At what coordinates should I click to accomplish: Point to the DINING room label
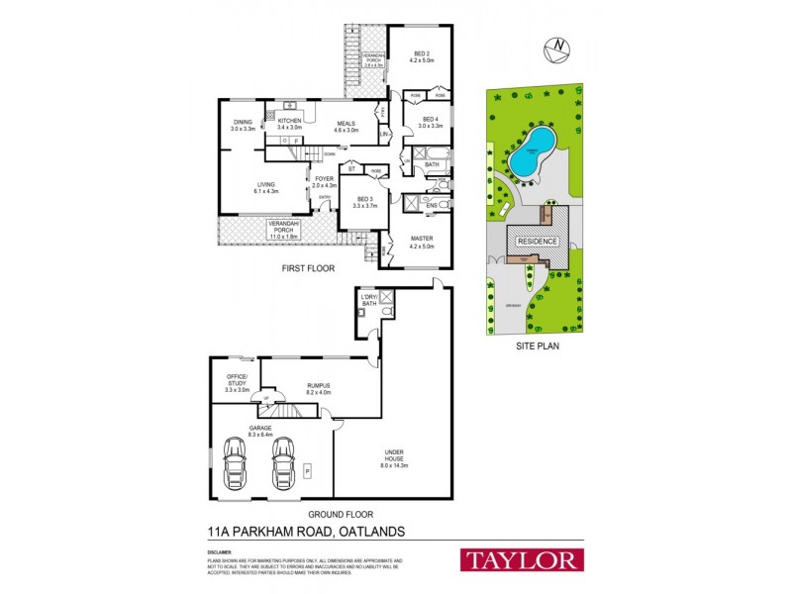pyautogui.click(x=244, y=124)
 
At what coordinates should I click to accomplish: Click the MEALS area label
pyautogui.click(x=345, y=124)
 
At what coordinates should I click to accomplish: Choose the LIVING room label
pyautogui.click(x=266, y=186)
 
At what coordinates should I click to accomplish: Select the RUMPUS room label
pyautogui.click(x=318, y=387)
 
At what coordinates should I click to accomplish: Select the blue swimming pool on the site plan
pyautogui.click(x=533, y=151)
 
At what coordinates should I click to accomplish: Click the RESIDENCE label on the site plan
pyautogui.click(x=535, y=242)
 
